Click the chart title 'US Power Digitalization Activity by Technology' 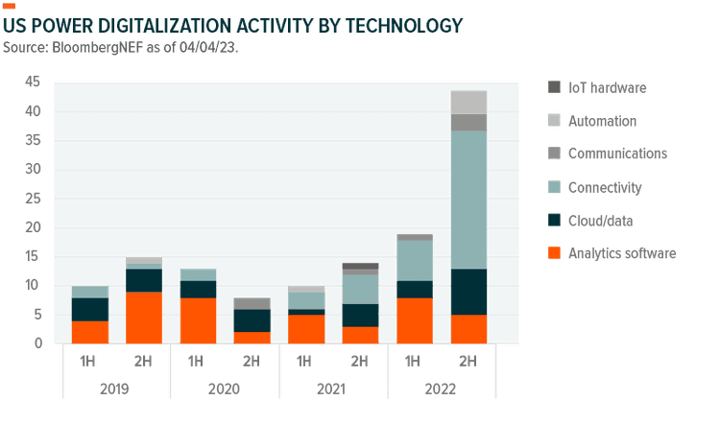[x=233, y=25]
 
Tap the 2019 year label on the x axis [x=116, y=390]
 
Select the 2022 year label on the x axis [x=442, y=390]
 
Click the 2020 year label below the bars [x=225, y=390]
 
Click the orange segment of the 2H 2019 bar [x=144, y=318]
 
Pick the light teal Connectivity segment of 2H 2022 [x=468, y=200]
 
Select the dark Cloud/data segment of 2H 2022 [x=468, y=292]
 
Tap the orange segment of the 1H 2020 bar [x=198, y=320]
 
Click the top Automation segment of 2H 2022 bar [x=468, y=102]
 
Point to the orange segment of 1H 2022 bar [x=415, y=320]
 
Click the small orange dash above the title [x=9, y=6]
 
